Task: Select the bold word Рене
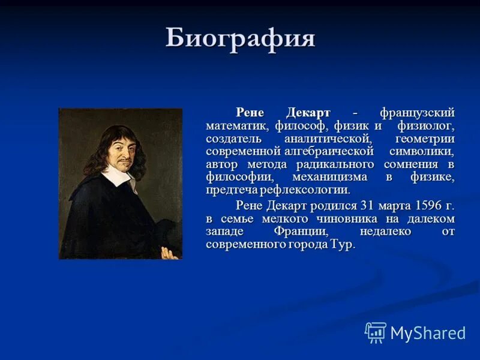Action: pos(250,113)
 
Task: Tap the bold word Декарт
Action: pos(308,113)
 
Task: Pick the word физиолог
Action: pos(426,126)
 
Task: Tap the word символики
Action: pos(421,151)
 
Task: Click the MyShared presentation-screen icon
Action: pos(376,332)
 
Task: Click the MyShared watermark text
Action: pos(428,334)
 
